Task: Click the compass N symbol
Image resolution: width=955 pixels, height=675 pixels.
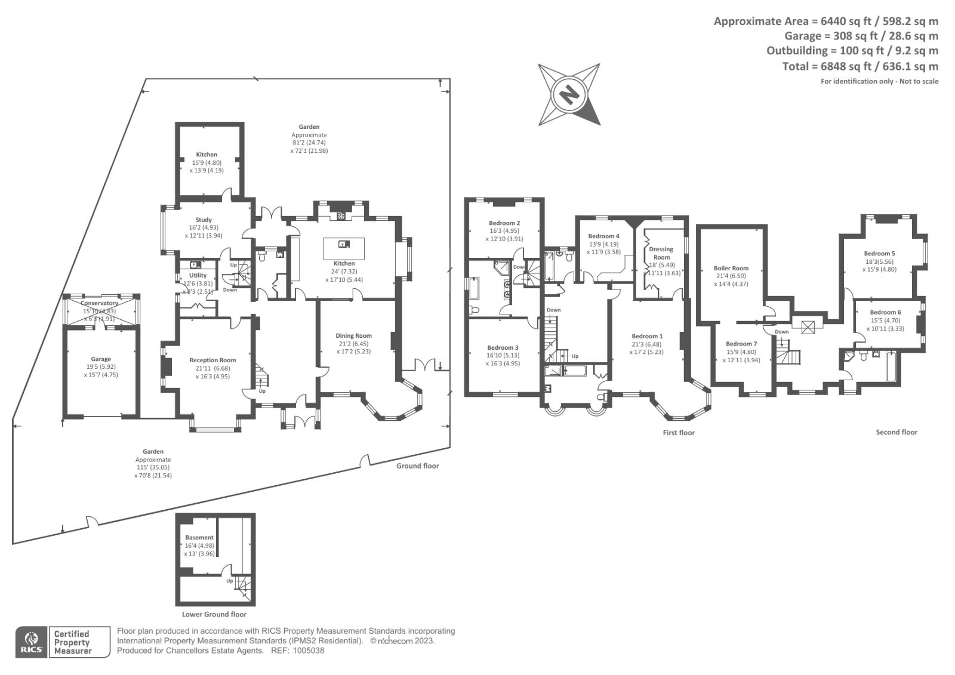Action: click(569, 94)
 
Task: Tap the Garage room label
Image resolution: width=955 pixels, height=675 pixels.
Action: click(101, 359)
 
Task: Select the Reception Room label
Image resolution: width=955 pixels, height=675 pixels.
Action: click(212, 360)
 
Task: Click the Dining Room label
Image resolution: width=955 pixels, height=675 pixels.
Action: click(353, 335)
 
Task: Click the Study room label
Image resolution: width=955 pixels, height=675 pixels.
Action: click(204, 220)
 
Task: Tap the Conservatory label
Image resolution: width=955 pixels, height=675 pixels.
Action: click(100, 303)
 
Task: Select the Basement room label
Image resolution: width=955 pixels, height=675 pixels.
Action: click(199, 537)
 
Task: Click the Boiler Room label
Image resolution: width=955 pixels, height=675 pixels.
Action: click(731, 268)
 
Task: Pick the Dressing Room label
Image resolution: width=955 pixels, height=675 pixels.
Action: click(661, 253)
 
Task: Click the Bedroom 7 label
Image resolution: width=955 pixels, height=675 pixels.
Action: click(741, 344)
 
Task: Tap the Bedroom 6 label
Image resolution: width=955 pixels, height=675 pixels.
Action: click(885, 312)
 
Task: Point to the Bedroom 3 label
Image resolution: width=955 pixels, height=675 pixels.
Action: click(503, 347)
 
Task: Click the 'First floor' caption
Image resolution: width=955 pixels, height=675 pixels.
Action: click(679, 433)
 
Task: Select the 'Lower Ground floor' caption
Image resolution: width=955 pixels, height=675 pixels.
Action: click(214, 614)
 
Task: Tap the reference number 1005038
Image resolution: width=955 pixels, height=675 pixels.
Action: click(306, 651)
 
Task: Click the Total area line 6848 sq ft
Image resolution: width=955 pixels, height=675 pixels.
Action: click(860, 66)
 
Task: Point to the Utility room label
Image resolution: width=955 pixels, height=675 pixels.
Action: click(198, 275)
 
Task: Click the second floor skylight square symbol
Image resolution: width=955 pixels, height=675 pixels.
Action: click(809, 326)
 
